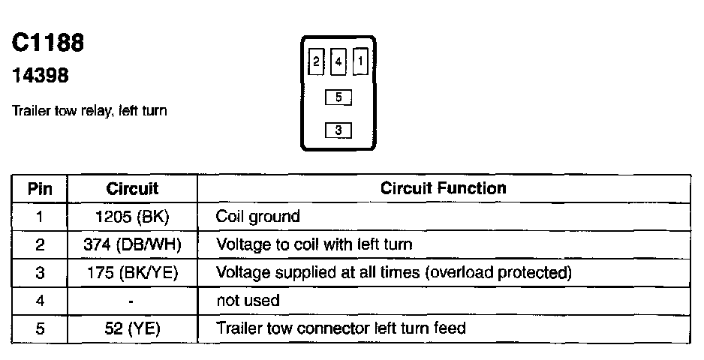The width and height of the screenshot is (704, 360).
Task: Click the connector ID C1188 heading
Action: [x=48, y=43]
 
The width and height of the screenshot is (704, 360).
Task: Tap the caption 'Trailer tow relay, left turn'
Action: [x=89, y=111]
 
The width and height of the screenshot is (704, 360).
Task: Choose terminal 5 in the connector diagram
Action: [x=338, y=97]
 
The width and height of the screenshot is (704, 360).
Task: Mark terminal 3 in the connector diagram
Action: [x=338, y=130]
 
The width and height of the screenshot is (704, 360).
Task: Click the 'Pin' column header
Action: [x=40, y=188]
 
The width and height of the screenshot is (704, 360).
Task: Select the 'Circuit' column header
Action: [x=132, y=188]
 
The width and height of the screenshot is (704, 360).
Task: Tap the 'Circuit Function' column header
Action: [x=443, y=187]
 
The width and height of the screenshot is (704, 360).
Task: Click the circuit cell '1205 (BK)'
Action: [x=132, y=217]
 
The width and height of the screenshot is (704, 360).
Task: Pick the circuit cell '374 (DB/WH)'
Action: [x=132, y=244]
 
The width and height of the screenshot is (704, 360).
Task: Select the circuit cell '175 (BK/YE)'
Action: [x=132, y=273]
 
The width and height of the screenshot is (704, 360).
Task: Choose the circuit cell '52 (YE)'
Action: [x=132, y=328]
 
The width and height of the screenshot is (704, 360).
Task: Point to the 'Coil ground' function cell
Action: [x=257, y=217]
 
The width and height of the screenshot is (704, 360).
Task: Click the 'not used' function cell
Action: [x=248, y=301]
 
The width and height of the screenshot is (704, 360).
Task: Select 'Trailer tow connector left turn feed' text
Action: [x=341, y=328]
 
